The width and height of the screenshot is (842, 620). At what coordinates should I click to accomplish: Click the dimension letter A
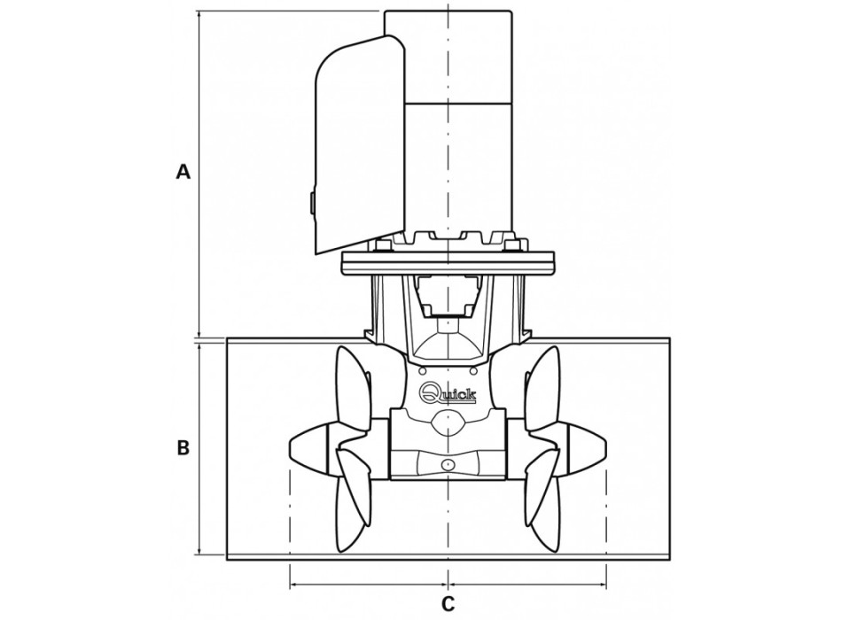(183, 172)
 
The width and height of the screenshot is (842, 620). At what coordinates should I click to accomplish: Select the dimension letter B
(183, 448)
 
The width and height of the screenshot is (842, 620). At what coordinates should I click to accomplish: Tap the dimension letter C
(448, 604)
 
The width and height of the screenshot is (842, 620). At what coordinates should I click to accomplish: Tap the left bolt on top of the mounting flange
(382, 245)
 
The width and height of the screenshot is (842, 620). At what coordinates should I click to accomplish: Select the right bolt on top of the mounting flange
(514, 245)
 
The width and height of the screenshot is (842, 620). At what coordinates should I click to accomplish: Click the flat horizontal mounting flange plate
(448, 263)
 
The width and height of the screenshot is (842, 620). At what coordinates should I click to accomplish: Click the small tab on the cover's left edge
(312, 203)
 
